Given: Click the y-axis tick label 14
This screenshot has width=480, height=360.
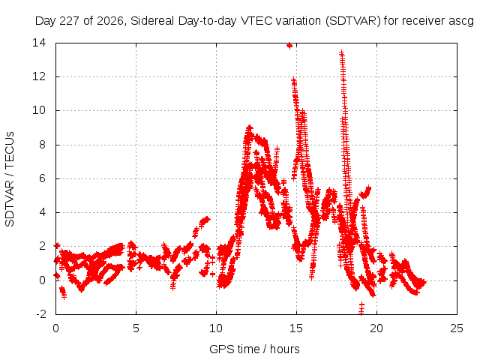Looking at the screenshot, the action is pyautogui.click(x=39, y=43).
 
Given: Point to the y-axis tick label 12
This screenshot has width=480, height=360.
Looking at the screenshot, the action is pyautogui.click(x=39, y=76).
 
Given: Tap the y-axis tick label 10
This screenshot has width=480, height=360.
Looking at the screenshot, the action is pyautogui.click(x=39, y=110).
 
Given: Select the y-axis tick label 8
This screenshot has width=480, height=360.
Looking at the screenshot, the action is pyautogui.click(x=42, y=145).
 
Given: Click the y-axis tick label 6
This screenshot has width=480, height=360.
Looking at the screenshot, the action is pyautogui.click(x=42, y=178).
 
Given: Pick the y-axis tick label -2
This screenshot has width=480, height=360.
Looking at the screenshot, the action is pyautogui.click(x=41, y=314).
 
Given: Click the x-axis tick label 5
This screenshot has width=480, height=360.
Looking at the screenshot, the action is pyautogui.click(x=136, y=328).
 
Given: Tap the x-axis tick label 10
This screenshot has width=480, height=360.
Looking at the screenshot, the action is pyautogui.click(x=216, y=328).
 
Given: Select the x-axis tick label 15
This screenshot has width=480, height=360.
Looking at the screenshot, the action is pyautogui.click(x=296, y=328).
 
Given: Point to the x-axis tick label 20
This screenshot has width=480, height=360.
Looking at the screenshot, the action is pyautogui.click(x=376, y=328).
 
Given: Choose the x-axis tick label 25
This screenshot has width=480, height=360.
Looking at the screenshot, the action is pyautogui.click(x=457, y=328).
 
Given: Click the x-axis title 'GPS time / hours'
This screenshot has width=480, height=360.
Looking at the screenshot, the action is pyautogui.click(x=254, y=349).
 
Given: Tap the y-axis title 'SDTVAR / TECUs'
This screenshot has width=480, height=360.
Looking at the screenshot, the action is pyautogui.click(x=10, y=179).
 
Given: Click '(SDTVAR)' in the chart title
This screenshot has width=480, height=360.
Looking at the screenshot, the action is pyautogui.click(x=353, y=21).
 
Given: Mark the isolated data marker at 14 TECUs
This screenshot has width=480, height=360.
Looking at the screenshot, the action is pyautogui.click(x=289, y=46).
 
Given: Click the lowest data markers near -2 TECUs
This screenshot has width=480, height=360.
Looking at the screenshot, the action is pyautogui.click(x=361, y=308).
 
